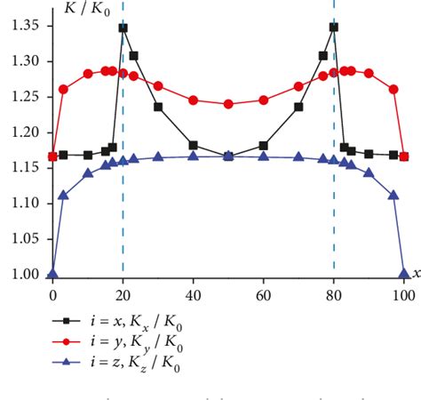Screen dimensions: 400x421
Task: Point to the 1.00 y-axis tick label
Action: point(22,275)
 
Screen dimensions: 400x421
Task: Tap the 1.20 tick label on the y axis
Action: point(22,132)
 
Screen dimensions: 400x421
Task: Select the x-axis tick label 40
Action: point(193,293)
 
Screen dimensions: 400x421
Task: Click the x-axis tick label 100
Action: point(404,293)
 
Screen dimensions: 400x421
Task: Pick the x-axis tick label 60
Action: point(263,293)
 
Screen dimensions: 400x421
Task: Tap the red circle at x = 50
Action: point(228,104)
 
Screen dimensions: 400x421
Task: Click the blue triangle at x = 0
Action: point(52,273)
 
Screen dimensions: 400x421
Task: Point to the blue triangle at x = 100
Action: point(404,273)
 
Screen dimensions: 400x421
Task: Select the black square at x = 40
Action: point(193,145)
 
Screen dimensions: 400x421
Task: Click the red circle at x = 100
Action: point(404,156)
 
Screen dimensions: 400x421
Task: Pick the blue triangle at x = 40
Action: point(193,156)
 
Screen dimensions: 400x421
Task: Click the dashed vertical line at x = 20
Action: point(123,213)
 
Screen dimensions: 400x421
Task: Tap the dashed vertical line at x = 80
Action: point(334,213)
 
